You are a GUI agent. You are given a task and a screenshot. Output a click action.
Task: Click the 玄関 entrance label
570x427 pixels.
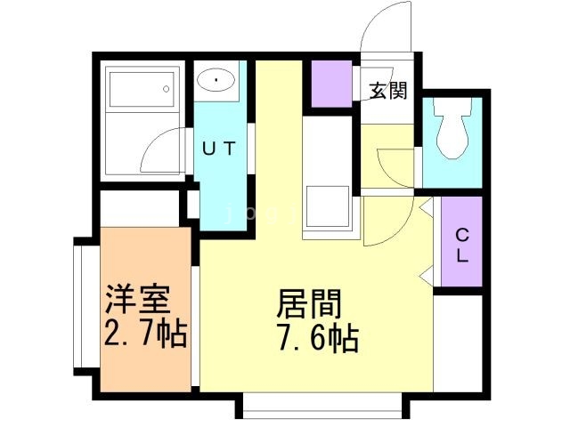pyautogui.click(x=389, y=90)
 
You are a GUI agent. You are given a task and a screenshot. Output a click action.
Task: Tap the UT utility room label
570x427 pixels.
pyautogui.click(x=217, y=149)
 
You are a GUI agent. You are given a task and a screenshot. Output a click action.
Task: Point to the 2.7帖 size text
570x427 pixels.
pyautogui.click(x=145, y=334)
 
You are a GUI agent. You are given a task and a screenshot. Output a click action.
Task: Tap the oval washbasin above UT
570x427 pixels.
pyautogui.click(x=216, y=83)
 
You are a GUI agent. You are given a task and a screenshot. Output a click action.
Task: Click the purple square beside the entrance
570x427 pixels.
pyautogui.click(x=331, y=84)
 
